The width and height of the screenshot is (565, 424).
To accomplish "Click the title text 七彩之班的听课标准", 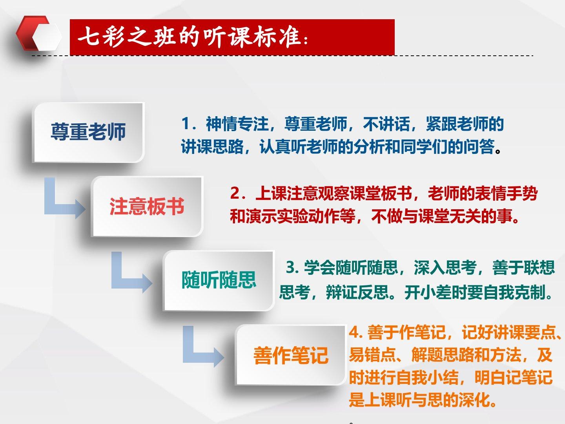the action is [x=189, y=37].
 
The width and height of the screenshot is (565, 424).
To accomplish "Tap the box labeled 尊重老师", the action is [x=88, y=132].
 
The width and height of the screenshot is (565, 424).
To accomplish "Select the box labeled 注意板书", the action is [x=147, y=207].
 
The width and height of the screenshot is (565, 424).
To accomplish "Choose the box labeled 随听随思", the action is [x=219, y=280].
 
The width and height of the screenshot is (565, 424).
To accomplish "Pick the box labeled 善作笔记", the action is [x=291, y=355].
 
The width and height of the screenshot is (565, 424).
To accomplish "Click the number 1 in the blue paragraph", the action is [x=186, y=124].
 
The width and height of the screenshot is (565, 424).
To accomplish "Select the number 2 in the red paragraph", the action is [x=235, y=193].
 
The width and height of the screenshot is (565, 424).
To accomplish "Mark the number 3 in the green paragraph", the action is [x=291, y=267].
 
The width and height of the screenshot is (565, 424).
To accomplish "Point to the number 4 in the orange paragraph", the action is [x=354, y=333].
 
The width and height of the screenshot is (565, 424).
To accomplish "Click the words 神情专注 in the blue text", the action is [x=237, y=124].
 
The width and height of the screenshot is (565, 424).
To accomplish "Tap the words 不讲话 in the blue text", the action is [x=386, y=124].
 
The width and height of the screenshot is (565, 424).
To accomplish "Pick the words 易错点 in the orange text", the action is [x=372, y=355].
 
